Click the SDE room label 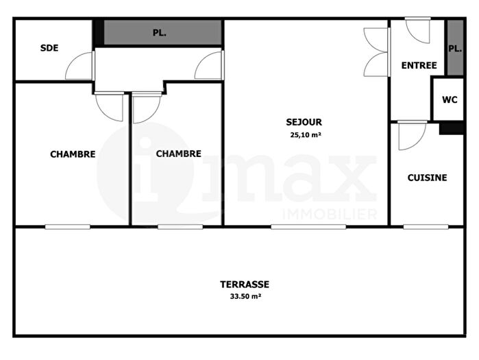(49, 48)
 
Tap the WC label (449, 99)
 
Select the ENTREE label (419, 66)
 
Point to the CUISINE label (427, 178)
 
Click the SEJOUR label (304, 122)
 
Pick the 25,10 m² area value (306, 135)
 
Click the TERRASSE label (245, 284)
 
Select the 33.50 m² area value (245, 297)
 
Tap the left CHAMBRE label (73, 154)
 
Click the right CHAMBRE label (179, 154)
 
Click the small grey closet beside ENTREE (454, 48)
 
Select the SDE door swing (81, 67)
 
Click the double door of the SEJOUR (376, 51)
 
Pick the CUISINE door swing (411, 135)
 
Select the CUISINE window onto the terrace (426, 226)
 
